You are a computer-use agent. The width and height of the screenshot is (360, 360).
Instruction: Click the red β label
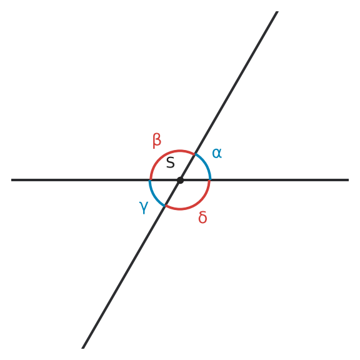[x=157, y=141]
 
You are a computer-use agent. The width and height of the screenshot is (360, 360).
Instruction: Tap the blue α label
[x=217, y=153]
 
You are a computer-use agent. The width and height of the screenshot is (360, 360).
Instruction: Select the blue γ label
[x=144, y=207]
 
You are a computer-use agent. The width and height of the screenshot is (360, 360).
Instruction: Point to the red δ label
[x=202, y=217]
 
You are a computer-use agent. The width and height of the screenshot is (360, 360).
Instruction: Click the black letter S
[x=171, y=162]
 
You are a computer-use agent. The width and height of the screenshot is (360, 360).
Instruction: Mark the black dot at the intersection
[x=180, y=180]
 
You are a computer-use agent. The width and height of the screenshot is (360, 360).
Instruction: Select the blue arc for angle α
[x=206, y=164]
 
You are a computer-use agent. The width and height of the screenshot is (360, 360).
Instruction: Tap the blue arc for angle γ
[x=154, y=196]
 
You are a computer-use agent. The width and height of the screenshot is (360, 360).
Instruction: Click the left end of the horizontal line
[x=11, y=180]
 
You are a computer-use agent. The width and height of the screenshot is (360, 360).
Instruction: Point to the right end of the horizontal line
[x=349, y=180]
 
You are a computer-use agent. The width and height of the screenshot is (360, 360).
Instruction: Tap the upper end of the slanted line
[x=277, y=11]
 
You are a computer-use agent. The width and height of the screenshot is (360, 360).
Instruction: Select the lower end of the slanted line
[x=83, y=348]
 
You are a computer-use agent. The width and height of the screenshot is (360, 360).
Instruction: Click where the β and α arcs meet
[x=195, y=154]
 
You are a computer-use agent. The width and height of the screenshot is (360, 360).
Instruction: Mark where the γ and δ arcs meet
[x=165, y=206]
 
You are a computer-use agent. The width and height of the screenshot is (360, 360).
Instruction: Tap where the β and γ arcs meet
[x=150, y=180]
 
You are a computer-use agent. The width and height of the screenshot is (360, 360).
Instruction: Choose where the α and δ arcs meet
[x=210, y=180]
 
